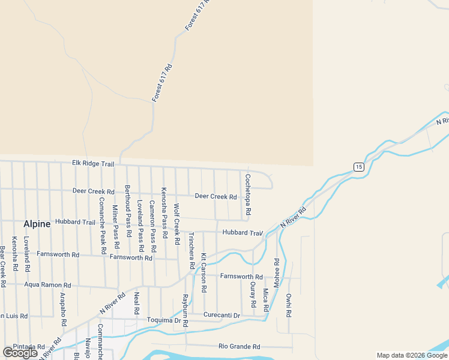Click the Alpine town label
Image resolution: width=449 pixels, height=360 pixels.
point(37,224)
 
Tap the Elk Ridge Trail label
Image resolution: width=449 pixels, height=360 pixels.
point(93,163)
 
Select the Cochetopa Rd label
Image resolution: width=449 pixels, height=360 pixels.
point(247,195)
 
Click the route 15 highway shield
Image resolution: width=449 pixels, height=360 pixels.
point(358,166)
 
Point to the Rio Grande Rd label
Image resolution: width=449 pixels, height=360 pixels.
point(239,346)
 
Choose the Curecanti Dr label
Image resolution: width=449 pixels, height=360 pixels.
point(221,315)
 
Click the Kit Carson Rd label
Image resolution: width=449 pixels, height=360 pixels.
point(204,272)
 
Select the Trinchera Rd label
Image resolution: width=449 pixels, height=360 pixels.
point(191,250)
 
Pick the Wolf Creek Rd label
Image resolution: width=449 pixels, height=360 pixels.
point(176,224)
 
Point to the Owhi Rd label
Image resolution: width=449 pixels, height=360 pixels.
point(289,305)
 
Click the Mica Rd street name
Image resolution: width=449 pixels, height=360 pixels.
point(265,300)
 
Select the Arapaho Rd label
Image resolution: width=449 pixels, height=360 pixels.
point(64,309)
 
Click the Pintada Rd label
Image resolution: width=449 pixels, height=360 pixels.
point(29,347)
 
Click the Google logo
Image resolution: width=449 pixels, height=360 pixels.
point(20,353)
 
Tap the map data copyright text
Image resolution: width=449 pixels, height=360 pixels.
point(412,355)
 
